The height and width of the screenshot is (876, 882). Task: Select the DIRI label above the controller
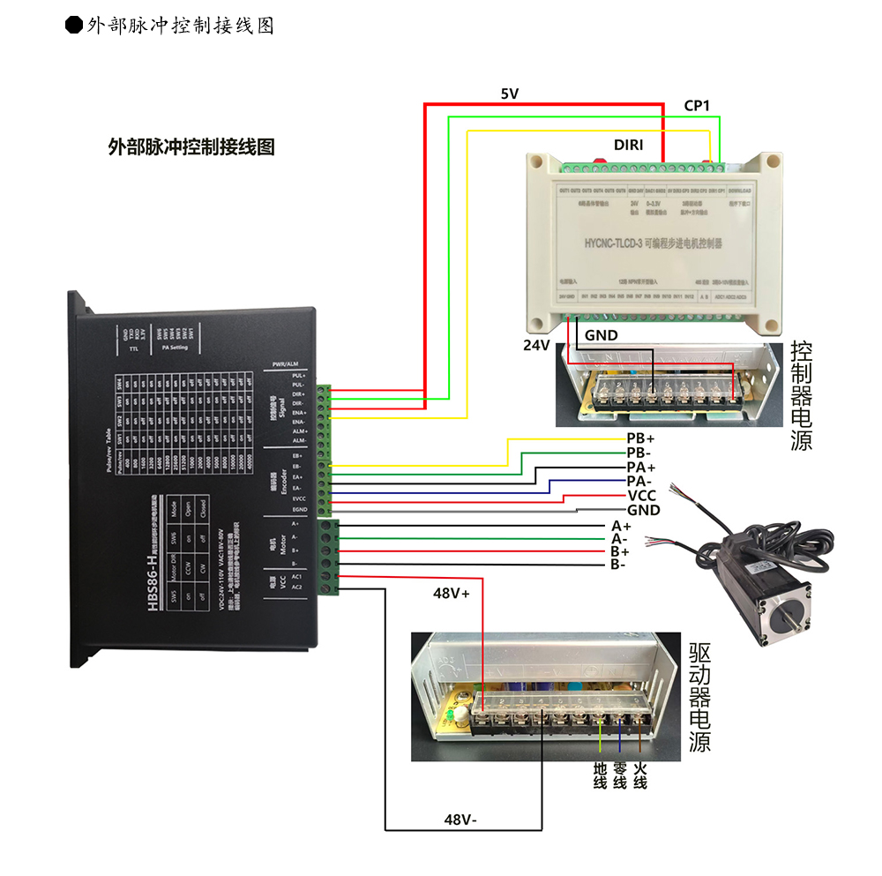pyautogui.click(x=628, y=143)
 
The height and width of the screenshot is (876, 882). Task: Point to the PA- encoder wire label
pyautogui.click(x=640, y=482)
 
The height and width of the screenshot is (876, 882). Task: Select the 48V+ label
pyautogui.click(x=451, y=594)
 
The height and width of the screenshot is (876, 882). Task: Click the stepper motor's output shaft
pyautogui.click(x=804, y=625)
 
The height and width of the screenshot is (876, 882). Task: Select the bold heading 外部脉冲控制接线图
pyautogui.click(x=191, y=146)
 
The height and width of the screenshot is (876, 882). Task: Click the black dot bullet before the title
pyautogui.click(x=75, y=25)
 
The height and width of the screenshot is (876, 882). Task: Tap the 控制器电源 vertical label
pyautogui.click(x=801, y=394)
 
